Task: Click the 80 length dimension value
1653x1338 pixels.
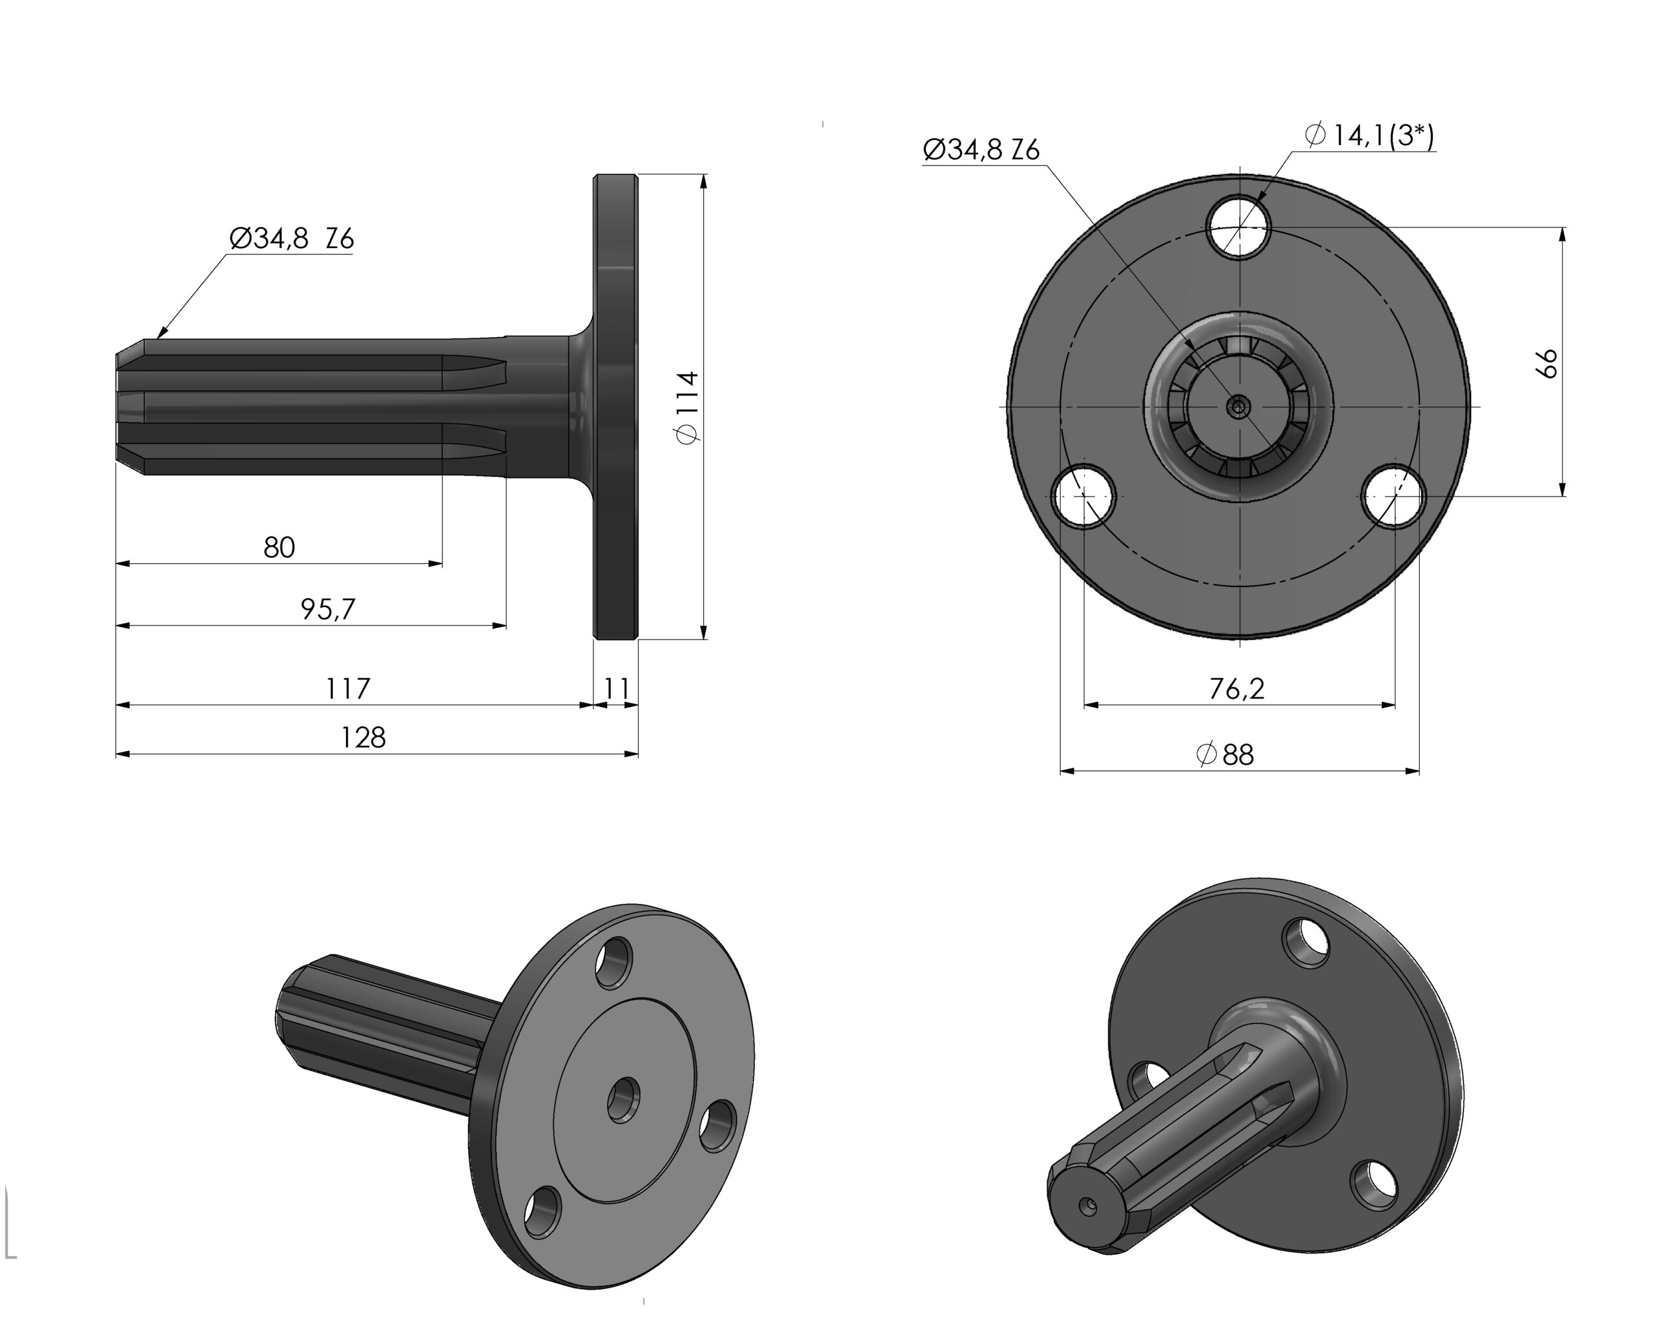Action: click(279, 547)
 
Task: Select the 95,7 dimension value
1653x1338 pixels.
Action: click(327, 609)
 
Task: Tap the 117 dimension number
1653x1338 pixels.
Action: click(347, 688)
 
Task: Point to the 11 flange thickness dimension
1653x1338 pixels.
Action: click(617, 688)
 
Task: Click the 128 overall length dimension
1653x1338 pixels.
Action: click(363, 737)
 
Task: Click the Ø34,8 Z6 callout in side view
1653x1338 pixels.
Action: click(292, 239)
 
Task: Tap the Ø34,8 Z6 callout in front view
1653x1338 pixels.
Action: click(981, 149)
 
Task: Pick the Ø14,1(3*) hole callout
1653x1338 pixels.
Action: click(1370, 136)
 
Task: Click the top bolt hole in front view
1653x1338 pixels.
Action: click(1238, 227)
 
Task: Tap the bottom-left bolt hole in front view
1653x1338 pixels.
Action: click(1083, 497)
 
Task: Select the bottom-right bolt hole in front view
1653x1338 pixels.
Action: click(1393, 497)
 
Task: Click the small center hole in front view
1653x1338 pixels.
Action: click(1238, 406)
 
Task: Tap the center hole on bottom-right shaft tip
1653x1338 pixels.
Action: click(1088, 1206)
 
